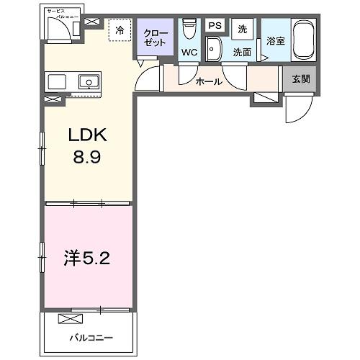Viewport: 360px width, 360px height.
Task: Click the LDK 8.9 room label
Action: point(89,144)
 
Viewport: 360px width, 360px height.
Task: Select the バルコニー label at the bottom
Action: point(89,336)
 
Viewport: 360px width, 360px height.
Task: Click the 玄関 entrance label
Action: point(301,79)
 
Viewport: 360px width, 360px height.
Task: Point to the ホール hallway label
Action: point(209,82)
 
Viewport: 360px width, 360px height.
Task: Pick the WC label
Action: point(189,52)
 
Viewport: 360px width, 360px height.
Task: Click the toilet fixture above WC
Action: point(189,29)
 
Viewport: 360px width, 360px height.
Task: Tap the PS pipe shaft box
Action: point(214,25)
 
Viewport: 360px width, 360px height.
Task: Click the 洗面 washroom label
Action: point(241,52)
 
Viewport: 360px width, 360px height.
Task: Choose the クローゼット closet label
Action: point(156,37)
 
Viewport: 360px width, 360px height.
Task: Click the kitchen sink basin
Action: point(91,81)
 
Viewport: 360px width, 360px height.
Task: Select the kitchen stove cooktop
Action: point(57,81)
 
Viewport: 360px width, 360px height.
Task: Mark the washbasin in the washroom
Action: point(213,50)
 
